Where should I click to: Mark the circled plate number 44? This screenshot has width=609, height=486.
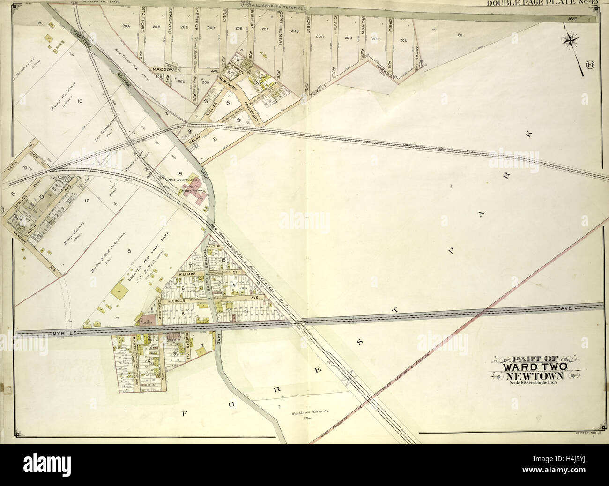589,64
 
